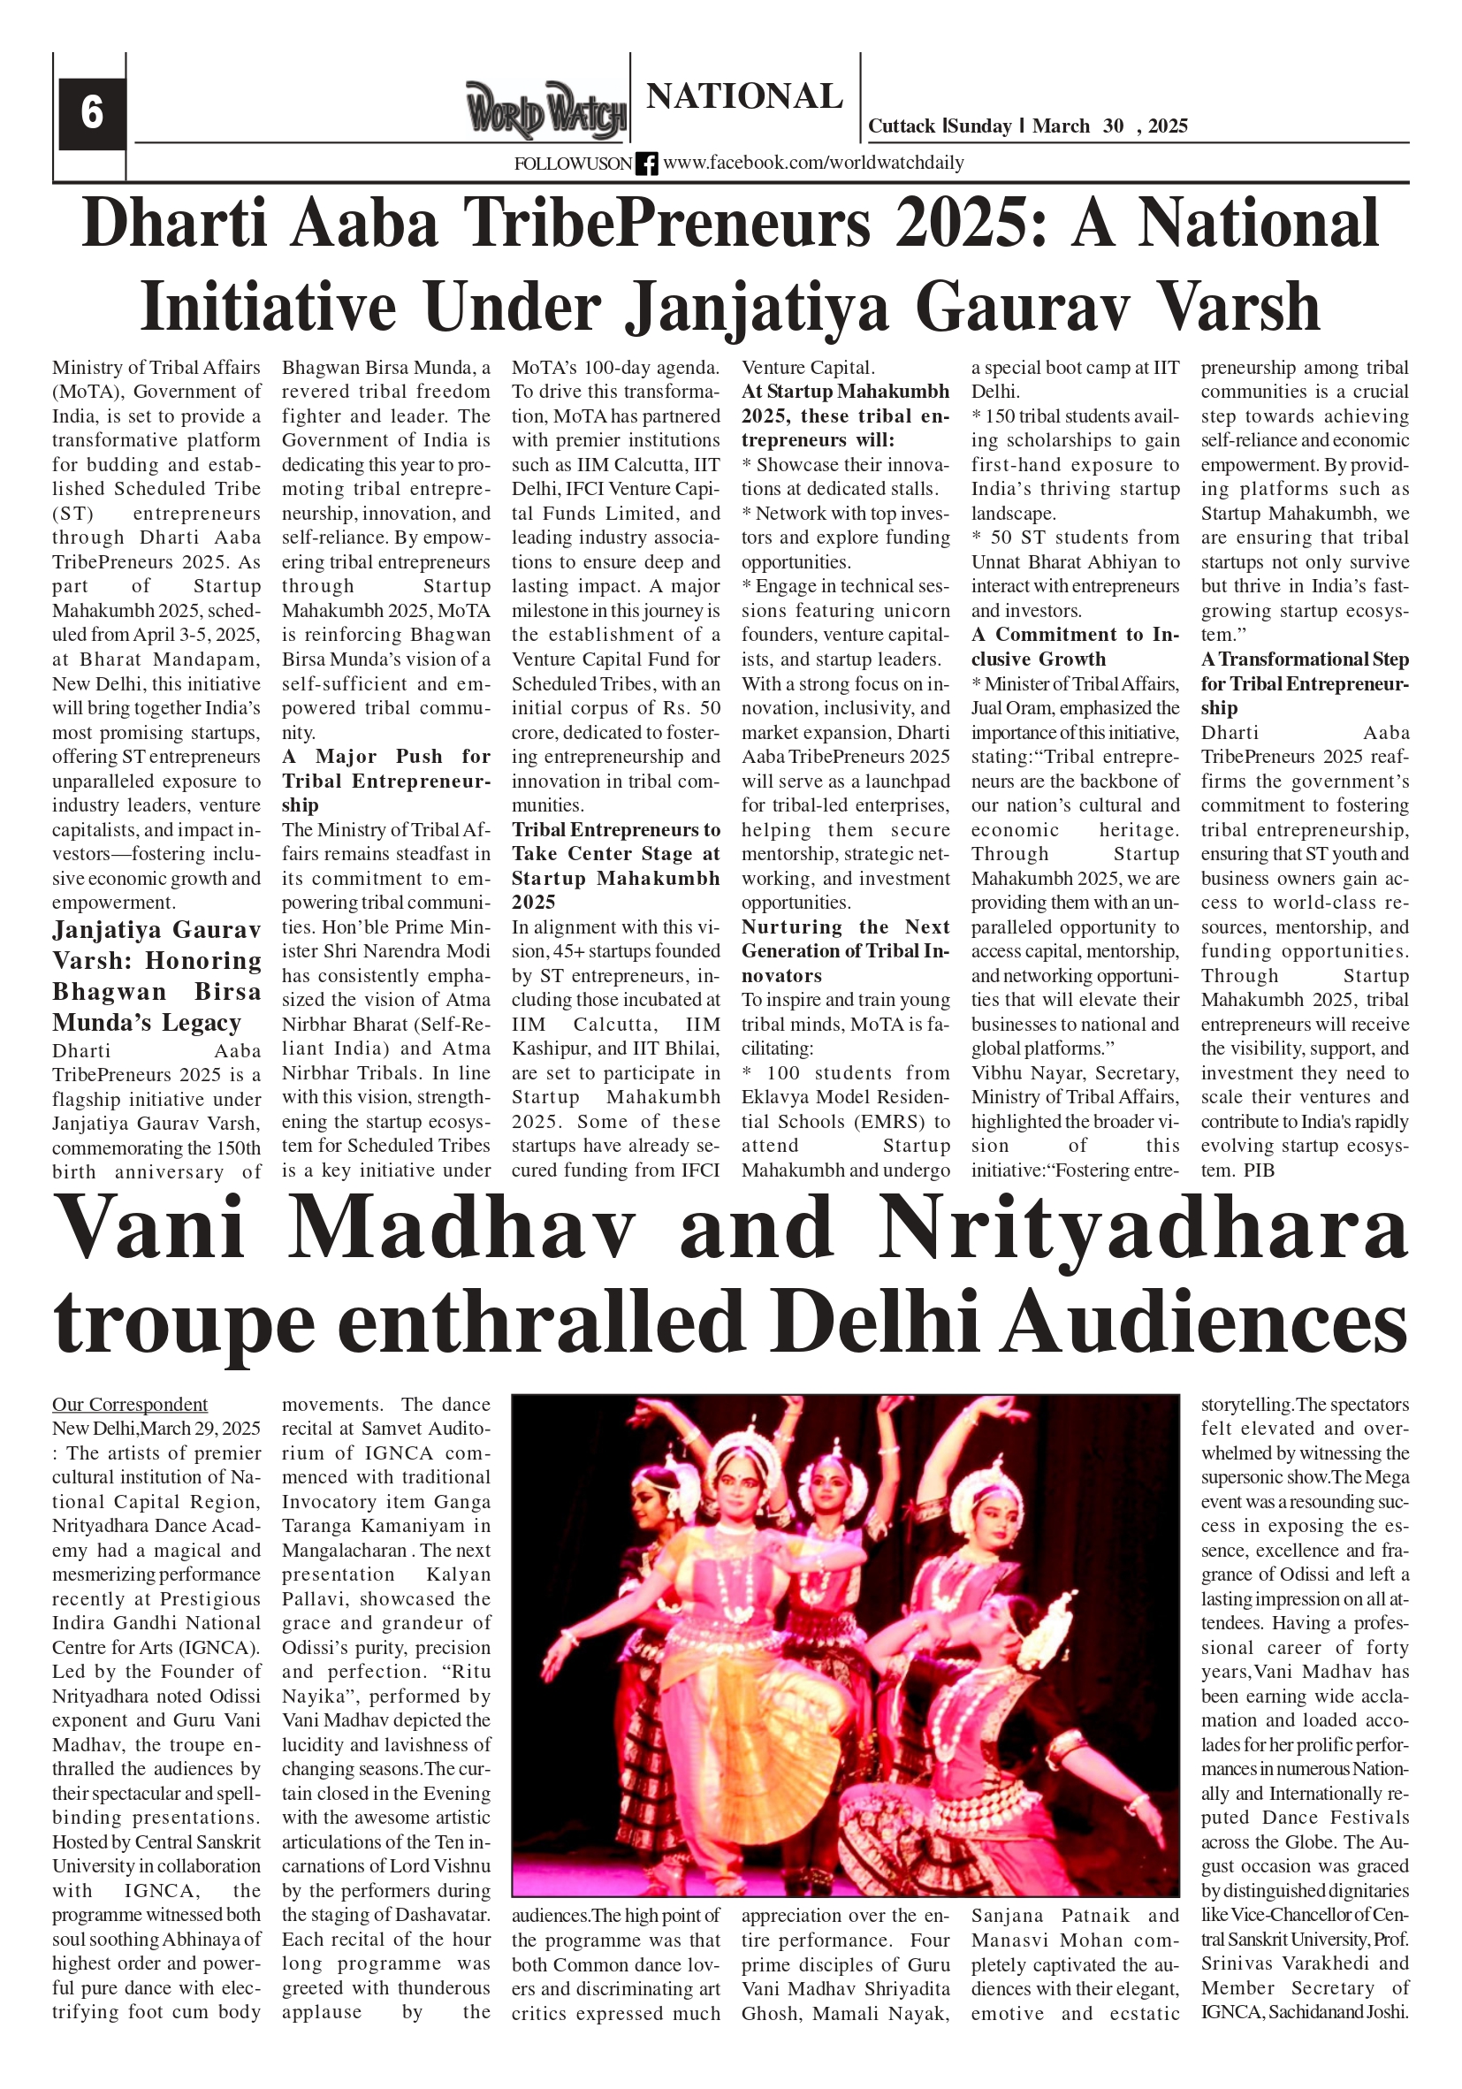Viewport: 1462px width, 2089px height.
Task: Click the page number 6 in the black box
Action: (92, 113)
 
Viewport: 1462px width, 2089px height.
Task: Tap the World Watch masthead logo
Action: (546, 111)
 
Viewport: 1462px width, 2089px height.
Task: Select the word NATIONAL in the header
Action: (744, 96)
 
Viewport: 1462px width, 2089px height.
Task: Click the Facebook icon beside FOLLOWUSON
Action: (646, 164)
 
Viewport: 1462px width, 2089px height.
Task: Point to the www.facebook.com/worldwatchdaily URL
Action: (812, 163)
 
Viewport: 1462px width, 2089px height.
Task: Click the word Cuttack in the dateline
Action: (901, 126)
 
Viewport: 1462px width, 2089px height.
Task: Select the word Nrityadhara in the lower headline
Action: (1143, 1227)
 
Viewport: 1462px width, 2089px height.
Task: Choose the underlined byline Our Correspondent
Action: (129, 1405)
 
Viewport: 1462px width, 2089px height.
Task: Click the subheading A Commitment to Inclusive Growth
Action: (1074, 647)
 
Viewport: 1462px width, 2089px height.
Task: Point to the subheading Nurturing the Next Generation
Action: (844, 950)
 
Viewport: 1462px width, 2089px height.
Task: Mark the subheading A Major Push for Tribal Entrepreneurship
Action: (385, 781)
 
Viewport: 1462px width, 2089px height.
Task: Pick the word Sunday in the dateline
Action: (981, 126)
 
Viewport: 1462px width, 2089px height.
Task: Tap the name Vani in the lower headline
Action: (149, 1227)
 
